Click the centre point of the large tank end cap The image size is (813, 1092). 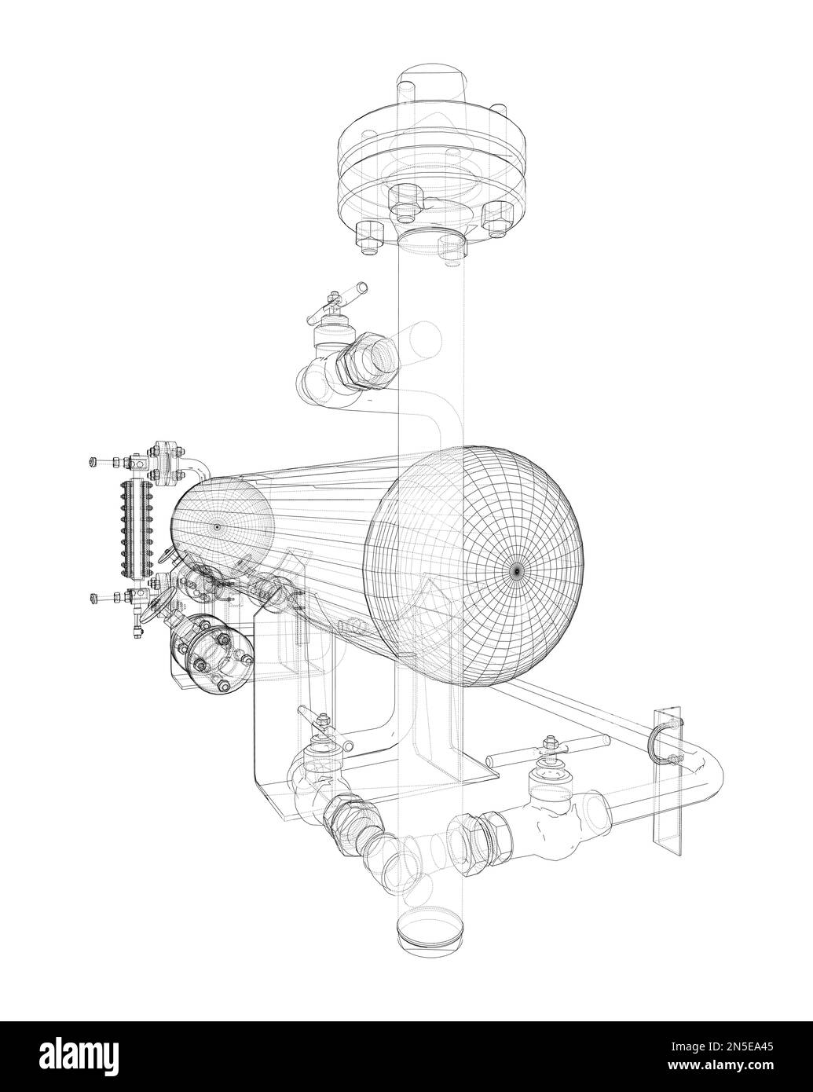point(517,570)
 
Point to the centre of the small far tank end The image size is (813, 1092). point(217,526)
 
